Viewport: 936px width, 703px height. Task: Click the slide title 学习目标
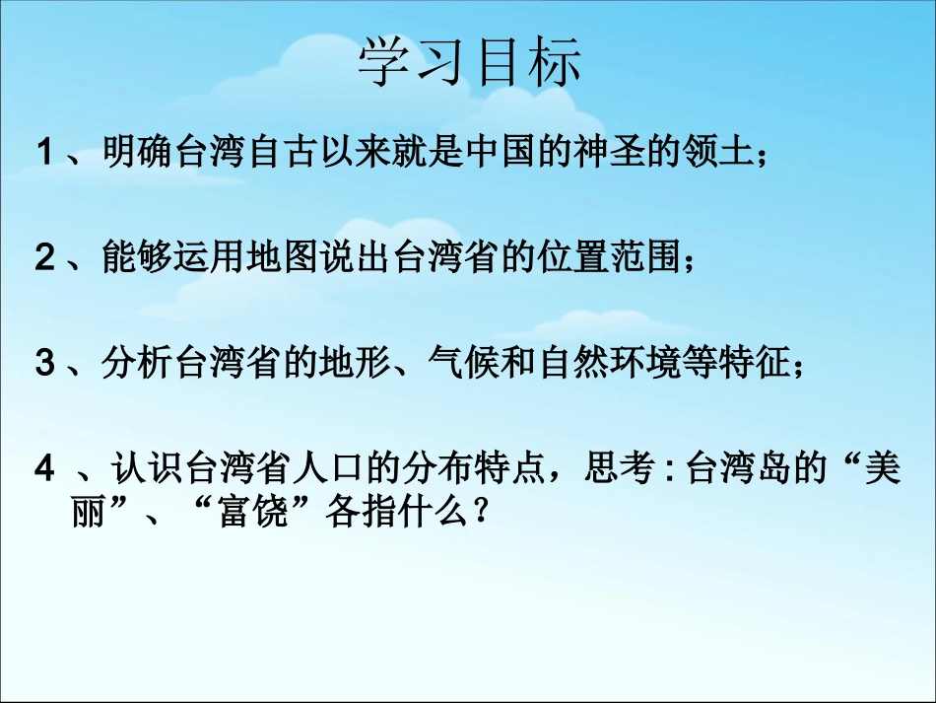(469, 61)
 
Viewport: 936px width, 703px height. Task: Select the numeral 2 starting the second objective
(44, 258)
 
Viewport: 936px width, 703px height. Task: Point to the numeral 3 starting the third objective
(44, 364)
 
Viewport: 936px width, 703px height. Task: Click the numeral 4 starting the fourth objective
(44, 469)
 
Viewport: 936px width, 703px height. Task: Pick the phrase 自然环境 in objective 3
(606, 364)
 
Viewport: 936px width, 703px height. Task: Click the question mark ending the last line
(481, 513)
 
